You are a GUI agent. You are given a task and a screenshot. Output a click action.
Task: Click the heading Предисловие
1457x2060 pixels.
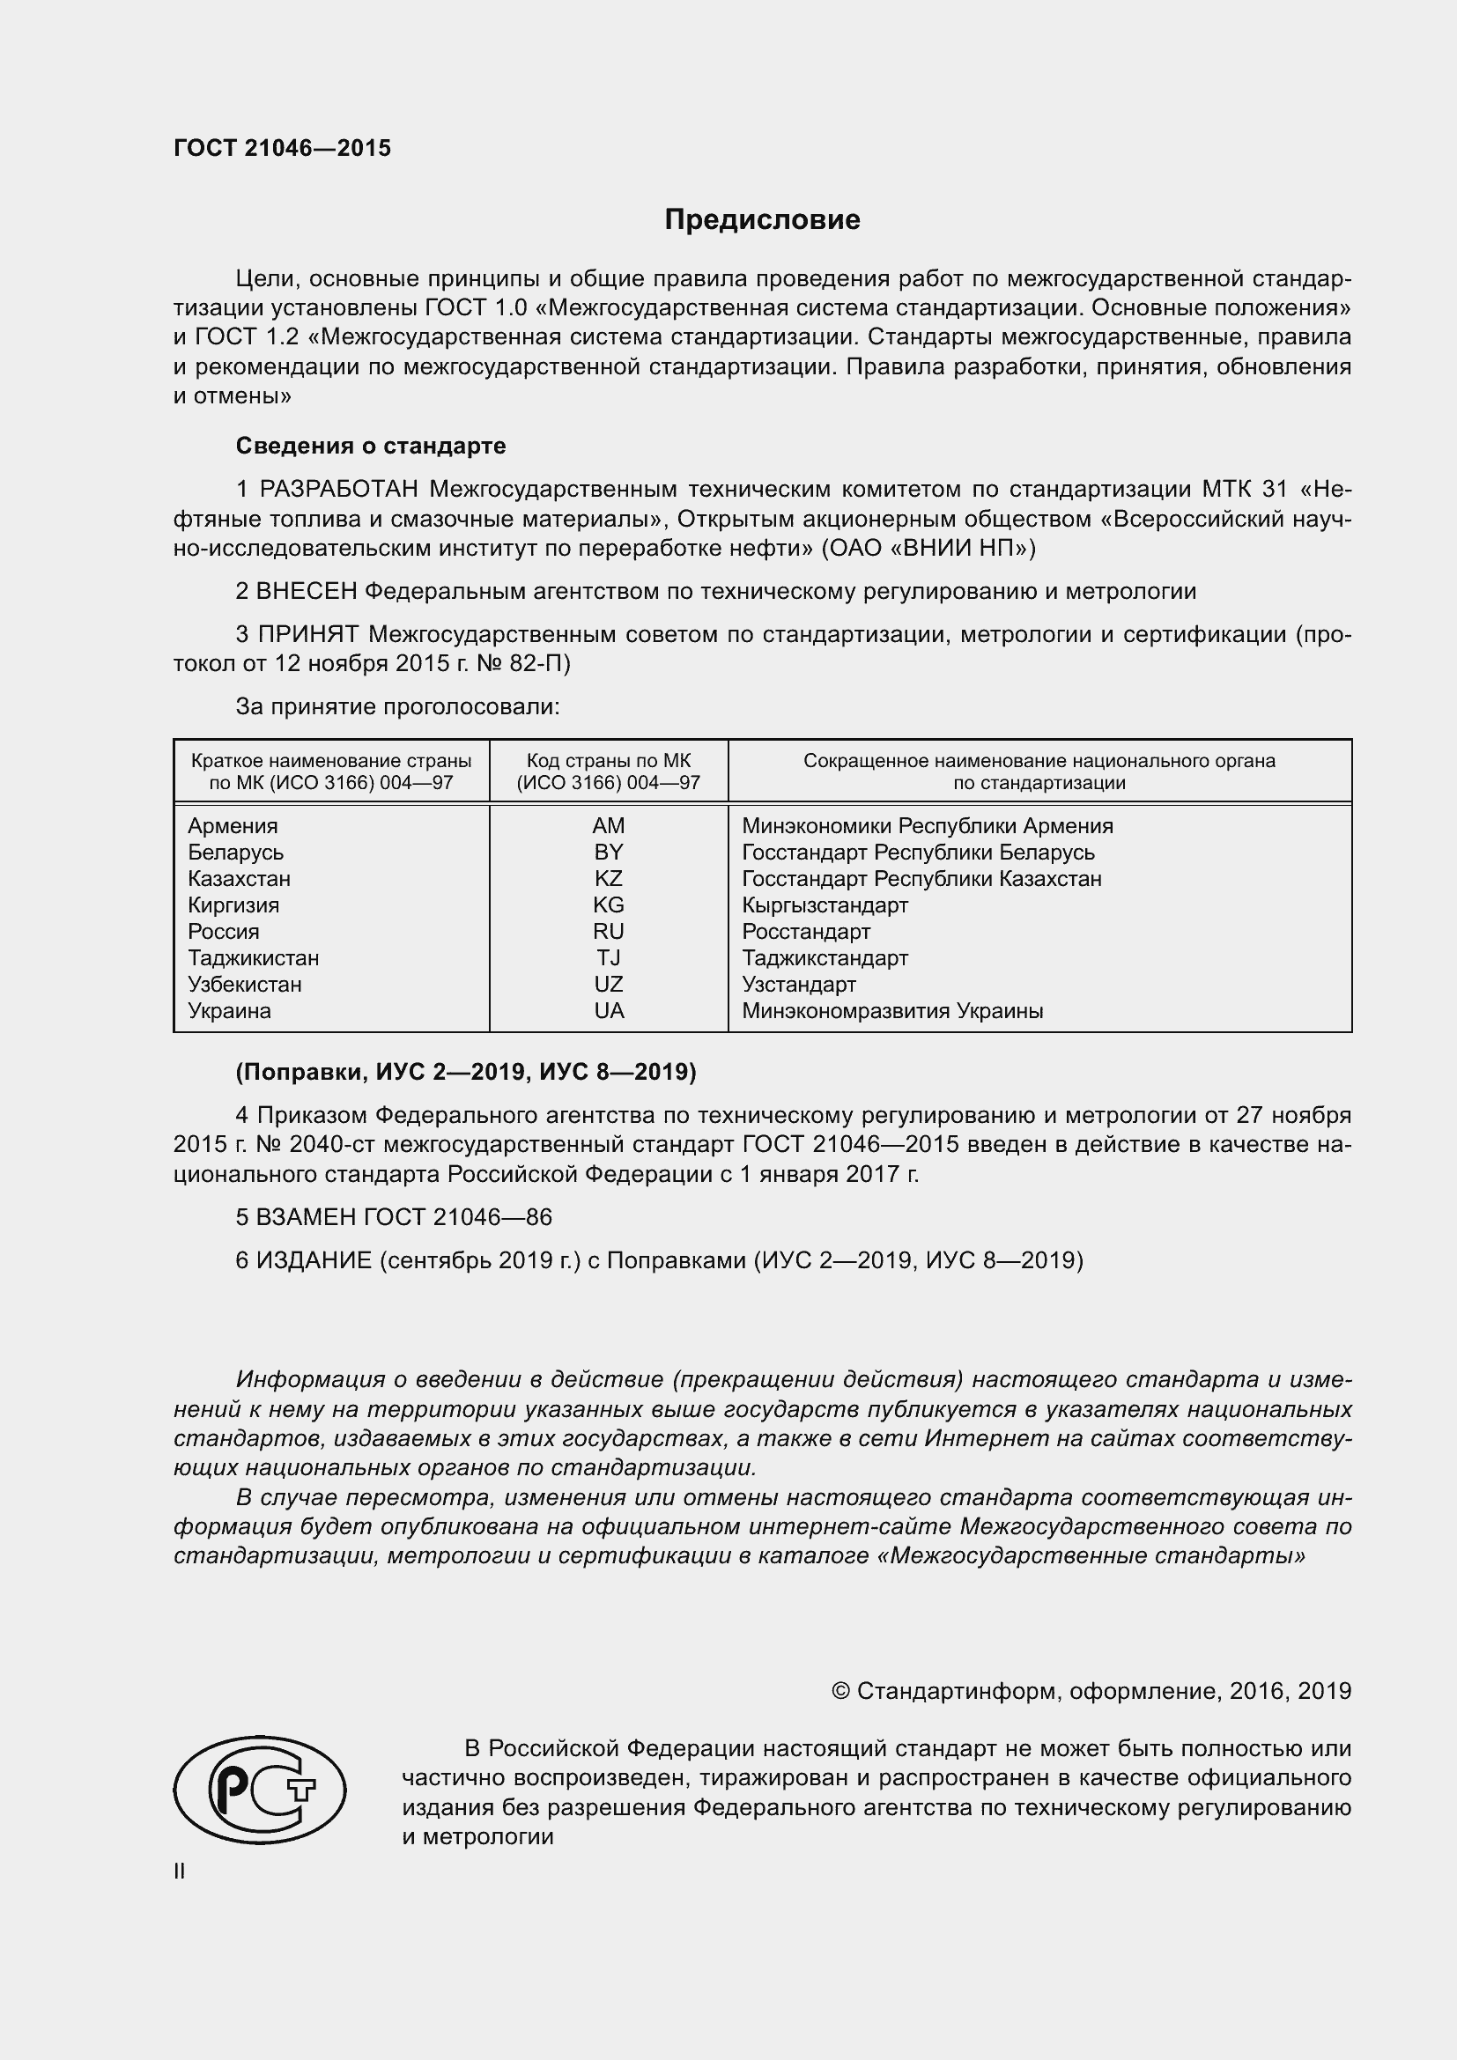762,220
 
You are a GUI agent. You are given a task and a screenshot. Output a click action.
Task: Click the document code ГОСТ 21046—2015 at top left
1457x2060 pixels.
283,149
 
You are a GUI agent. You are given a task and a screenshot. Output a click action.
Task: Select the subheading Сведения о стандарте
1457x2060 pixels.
371,446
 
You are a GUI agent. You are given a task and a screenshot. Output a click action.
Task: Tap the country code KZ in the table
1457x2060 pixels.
609,878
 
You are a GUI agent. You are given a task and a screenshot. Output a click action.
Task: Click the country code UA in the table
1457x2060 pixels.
609,1010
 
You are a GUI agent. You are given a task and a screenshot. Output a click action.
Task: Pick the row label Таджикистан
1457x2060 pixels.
253,957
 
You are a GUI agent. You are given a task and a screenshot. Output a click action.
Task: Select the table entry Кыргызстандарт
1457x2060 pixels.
825,904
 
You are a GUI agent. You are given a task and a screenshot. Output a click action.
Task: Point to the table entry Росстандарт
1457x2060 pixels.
806,931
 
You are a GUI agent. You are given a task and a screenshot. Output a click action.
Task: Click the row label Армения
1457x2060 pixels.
233,825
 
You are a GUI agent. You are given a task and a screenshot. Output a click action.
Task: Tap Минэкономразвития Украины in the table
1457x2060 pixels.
891,1010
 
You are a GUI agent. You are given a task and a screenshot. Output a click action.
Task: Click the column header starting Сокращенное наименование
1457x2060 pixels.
1039,772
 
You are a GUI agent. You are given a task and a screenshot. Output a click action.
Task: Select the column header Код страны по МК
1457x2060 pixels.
609,772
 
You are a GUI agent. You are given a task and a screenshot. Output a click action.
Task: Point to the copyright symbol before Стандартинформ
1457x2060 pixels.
840,1691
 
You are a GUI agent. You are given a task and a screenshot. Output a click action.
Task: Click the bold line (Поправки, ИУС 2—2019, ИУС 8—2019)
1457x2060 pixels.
466,1071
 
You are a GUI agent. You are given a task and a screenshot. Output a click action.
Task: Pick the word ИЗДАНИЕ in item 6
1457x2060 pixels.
314,1260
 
